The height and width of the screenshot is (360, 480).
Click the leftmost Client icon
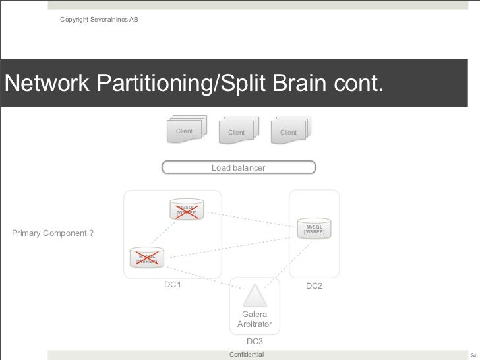point(185,130)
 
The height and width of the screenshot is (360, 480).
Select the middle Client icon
point(237,131)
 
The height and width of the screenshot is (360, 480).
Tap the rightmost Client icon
point(289,131)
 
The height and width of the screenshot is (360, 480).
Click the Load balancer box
point(239,167)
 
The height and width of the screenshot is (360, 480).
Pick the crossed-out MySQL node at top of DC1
point(186,210)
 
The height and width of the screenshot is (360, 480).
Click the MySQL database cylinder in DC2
point(313,228)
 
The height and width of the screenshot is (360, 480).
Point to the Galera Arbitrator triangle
point(254,295)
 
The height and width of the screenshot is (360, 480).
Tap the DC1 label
point(173,285)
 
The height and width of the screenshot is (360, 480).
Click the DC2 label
point(315,285)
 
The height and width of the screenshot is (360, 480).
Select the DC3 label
point(255,341)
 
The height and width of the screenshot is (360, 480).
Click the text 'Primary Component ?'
point(53,233)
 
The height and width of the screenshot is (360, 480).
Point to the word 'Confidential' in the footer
point(246,355)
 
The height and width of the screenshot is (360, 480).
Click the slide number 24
point(471,355)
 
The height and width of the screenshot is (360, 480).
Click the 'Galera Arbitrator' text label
point(255,319)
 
